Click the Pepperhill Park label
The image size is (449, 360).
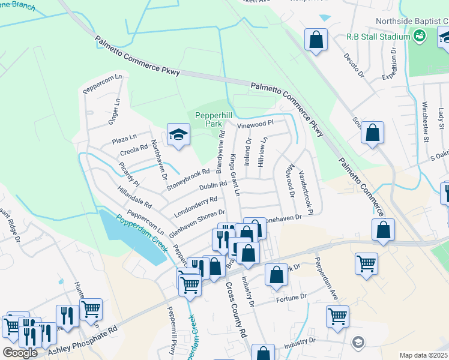206,118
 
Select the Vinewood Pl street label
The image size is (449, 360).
255,124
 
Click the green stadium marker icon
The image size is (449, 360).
420,37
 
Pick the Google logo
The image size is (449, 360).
19,352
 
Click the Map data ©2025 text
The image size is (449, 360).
423,355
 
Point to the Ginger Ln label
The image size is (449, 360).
112,111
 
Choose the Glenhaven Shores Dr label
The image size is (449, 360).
197,221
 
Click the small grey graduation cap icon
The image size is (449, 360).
358,341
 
